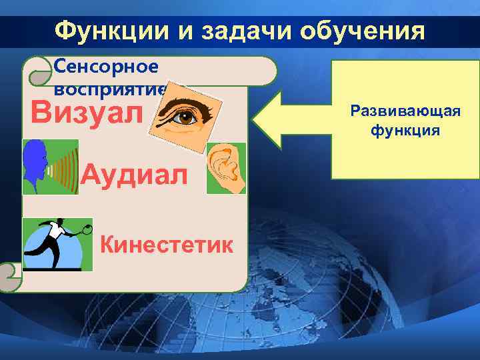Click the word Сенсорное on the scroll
tap(106, 66)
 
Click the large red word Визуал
tap(87, 113)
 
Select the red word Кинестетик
tap(167, 245)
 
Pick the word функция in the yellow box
tap(405, 129)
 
